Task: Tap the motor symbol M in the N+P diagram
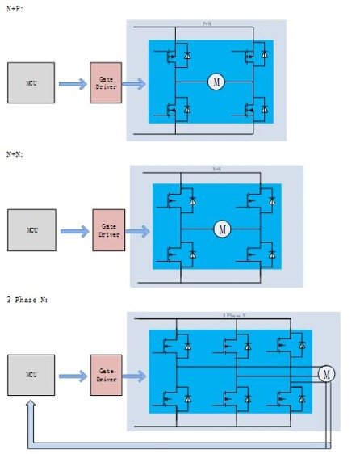pos(216,81)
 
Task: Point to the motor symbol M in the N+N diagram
pos(221,229)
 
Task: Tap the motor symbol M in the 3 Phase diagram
pos(326,373)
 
